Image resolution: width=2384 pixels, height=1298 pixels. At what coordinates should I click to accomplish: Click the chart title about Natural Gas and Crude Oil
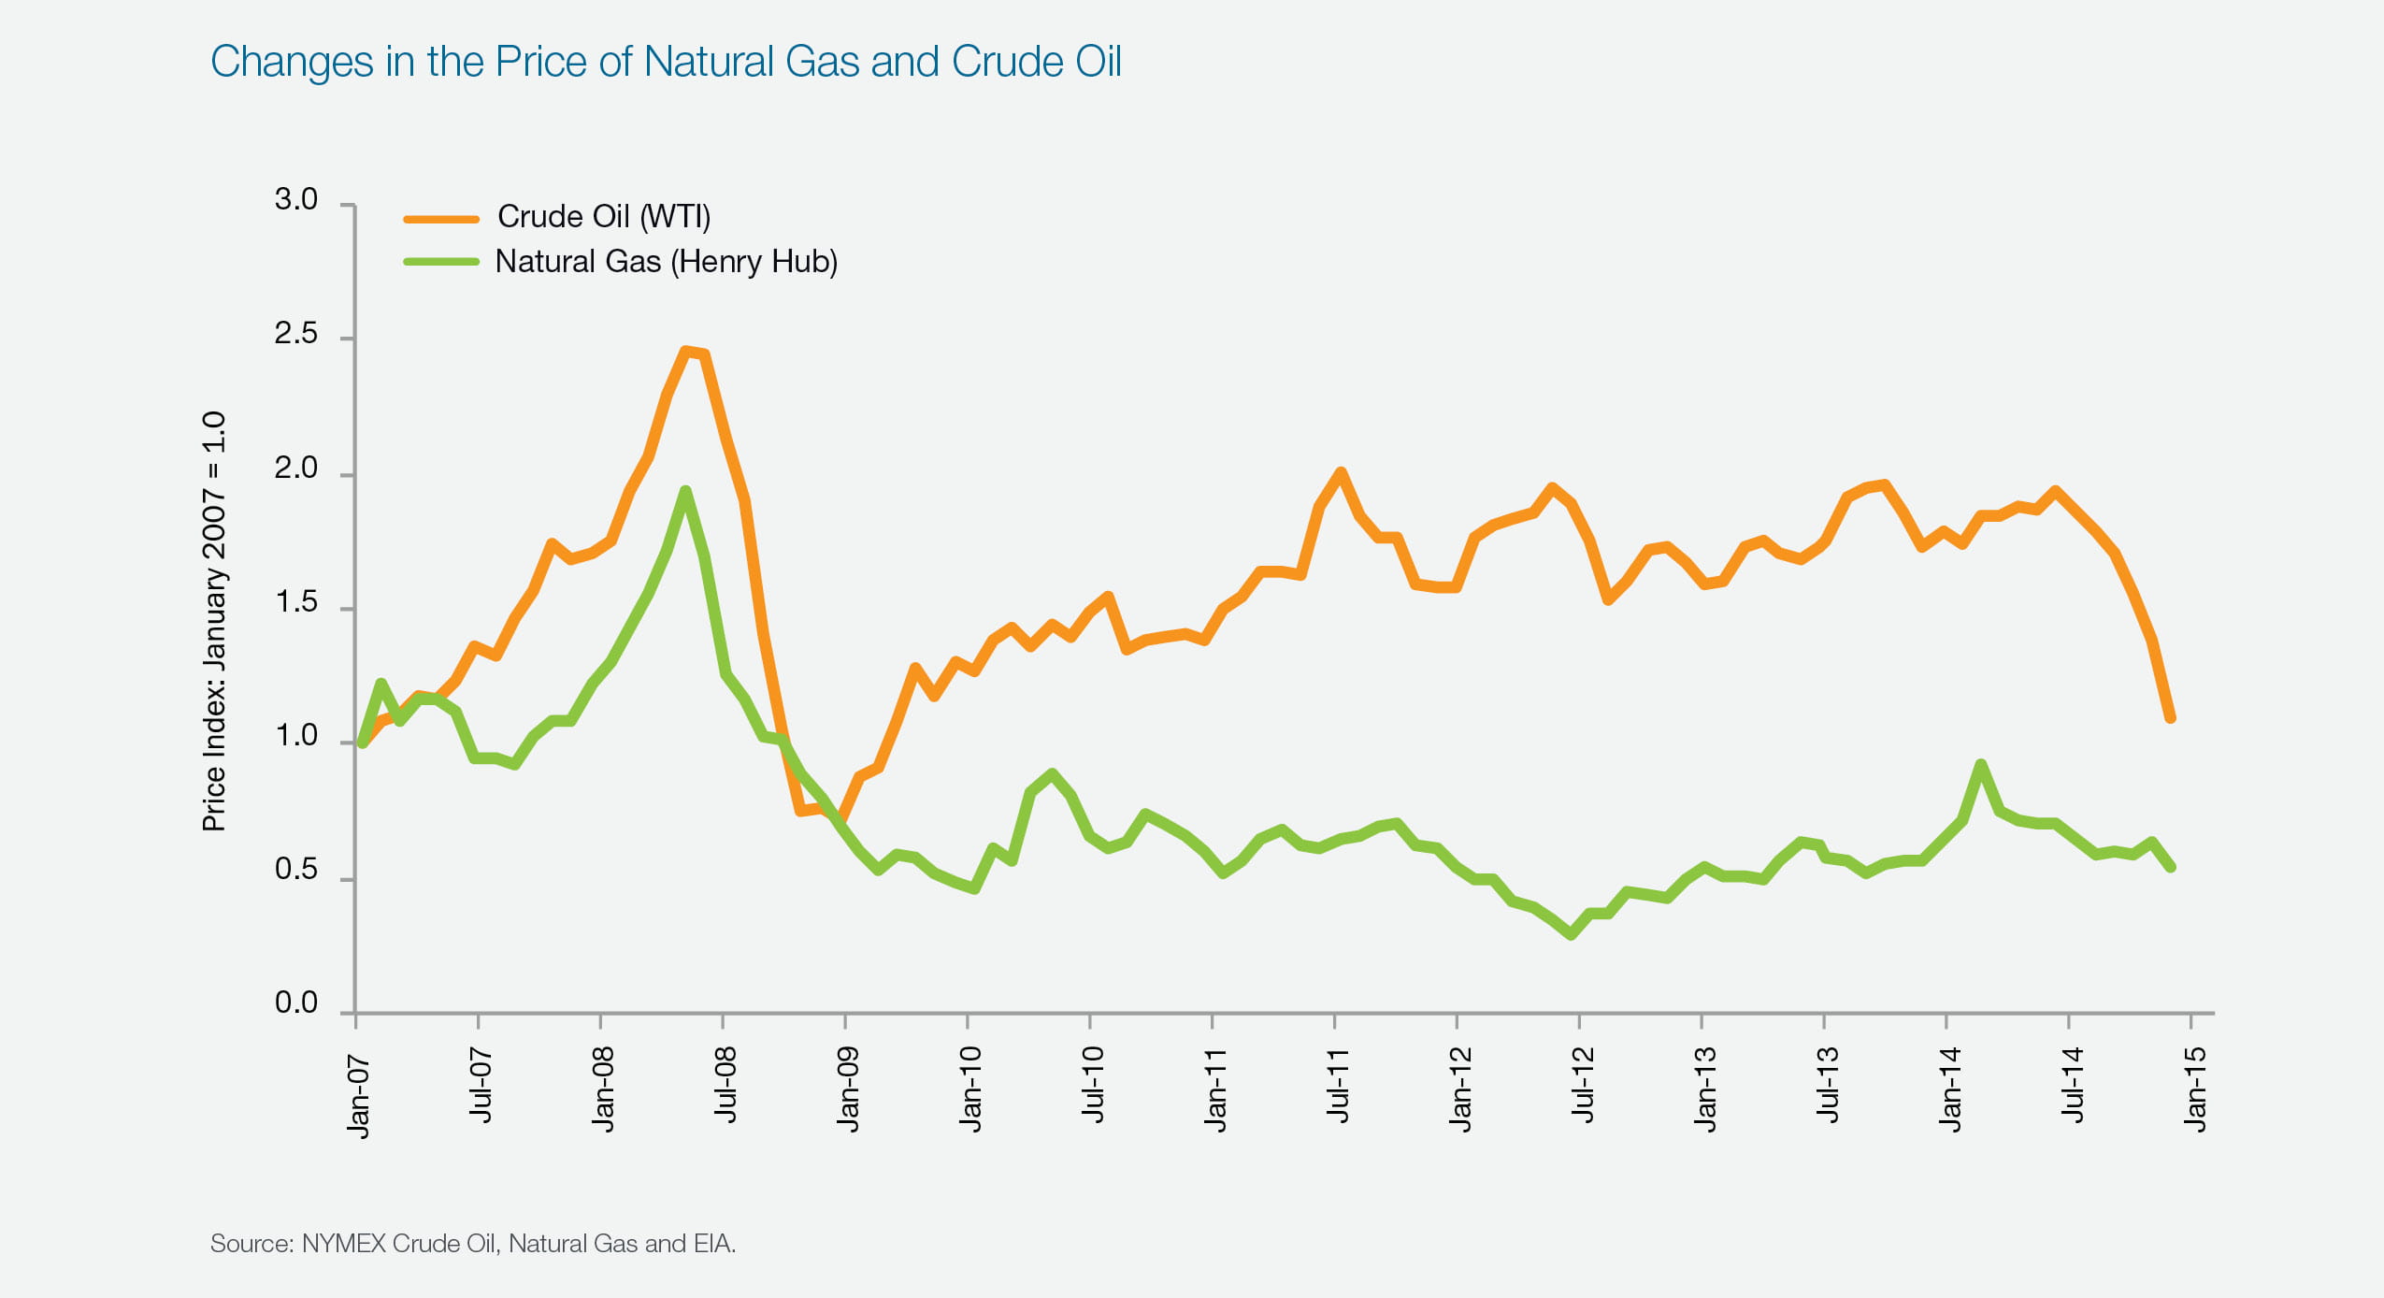coord(665,62)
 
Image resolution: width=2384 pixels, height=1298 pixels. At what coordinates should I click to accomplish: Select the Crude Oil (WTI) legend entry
coord(603,217)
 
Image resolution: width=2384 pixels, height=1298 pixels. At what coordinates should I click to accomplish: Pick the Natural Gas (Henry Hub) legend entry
coord(666,262)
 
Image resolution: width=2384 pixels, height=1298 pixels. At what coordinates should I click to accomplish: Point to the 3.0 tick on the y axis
coord(295,200)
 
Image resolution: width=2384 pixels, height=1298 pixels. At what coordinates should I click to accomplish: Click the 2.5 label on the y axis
coord(295,335)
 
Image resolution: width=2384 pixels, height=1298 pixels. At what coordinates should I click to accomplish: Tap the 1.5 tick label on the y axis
coord(295,603)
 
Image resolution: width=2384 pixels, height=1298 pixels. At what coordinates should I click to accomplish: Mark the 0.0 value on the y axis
coord(295,1003)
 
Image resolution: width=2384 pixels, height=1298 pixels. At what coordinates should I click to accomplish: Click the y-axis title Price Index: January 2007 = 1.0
coord(214,621)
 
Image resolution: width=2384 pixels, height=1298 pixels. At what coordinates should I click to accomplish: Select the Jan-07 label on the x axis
coord(359,1096)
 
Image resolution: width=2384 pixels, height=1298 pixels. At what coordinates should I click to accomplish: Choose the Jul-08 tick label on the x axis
coord(725,1085)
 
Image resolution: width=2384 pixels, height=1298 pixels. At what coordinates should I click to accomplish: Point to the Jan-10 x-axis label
coord(970,1089)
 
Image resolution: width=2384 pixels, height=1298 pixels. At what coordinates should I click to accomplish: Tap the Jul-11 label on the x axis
coord(1338,1085)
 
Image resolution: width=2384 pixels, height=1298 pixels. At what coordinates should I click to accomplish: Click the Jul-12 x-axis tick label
coord(1583,1085)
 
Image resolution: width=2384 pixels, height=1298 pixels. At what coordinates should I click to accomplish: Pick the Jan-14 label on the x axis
coord(1950,1089)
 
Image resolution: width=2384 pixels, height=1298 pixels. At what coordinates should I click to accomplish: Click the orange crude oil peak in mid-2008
coord(687,352)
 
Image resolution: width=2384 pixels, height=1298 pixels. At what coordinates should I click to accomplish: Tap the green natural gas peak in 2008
coord(685,491)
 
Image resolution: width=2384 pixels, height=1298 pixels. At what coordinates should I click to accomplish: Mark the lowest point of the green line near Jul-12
coord(1572,933)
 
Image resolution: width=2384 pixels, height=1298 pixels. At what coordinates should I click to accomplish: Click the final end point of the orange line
coord(2171,717)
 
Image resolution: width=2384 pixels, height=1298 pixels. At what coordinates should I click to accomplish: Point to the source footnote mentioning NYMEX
coord(473,1244)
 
